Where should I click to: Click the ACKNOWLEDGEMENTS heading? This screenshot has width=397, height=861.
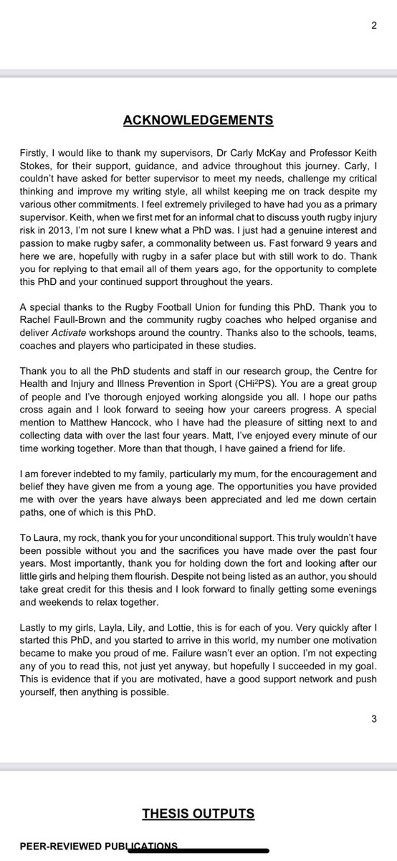click(198, 119)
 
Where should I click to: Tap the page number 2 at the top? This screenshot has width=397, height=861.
click(373, 27)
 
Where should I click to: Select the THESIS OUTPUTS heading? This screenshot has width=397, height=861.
click(198, 813)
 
